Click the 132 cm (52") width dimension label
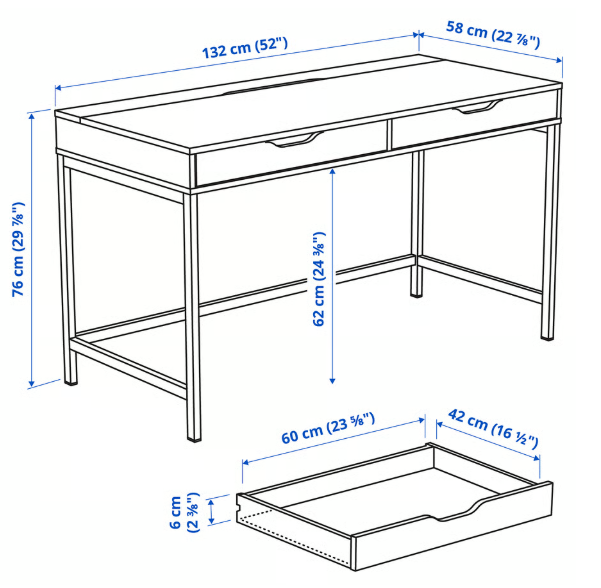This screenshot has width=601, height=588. point(245,48)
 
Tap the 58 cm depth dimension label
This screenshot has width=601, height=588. point(493,35)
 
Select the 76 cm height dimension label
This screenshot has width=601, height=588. point(18,249)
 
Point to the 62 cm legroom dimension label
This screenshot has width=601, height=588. point(319,279)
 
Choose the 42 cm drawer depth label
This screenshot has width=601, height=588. point(493,429)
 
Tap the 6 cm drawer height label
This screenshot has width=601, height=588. point(184,512)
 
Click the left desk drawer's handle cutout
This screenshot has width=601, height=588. point(295,139)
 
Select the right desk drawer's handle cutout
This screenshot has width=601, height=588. point(478,106)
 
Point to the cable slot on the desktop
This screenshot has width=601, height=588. point(273,86)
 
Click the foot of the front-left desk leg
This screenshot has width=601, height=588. point(194,437)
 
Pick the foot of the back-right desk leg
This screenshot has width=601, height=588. point(416,294)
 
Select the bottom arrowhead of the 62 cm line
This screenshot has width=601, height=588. point(332,380)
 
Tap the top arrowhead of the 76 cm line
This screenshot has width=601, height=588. point(32,116)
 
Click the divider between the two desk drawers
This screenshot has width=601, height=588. point(389,135)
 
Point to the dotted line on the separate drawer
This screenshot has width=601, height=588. point(293,540)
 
